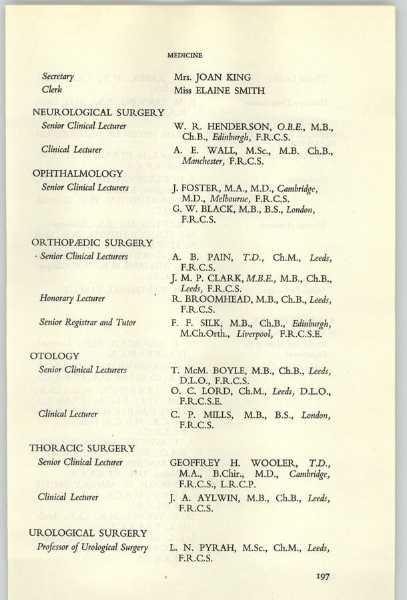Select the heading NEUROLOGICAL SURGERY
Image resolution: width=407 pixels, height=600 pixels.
98,112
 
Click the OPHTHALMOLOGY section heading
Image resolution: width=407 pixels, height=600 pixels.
77,173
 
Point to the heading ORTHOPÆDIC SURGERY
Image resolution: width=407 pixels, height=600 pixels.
92,243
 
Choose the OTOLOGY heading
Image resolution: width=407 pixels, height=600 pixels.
55,356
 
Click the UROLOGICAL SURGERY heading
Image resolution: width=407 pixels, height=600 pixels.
89,533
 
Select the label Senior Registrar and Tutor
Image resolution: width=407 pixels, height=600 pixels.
87,323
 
